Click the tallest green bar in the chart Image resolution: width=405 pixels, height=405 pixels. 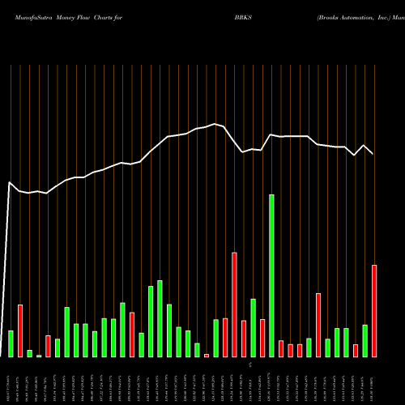(272, 275)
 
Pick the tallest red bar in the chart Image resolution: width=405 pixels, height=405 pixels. (235, 305)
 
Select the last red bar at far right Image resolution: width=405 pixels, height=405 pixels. (374, 311)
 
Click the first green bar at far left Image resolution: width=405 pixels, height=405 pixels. (11, 343)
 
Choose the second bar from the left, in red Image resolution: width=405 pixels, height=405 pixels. (20, 330)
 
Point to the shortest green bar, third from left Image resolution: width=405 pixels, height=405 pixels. (30, 353)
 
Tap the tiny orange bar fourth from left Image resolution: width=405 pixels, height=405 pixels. (39, 356)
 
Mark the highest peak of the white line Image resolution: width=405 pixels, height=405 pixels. (215, 124)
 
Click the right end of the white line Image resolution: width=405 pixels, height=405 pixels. (373, 154)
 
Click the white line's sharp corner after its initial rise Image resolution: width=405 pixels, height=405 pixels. (10, 183)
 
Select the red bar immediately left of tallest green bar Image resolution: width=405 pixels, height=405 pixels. (262, 339)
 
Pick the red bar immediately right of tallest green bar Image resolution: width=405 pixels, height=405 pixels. (281, 348)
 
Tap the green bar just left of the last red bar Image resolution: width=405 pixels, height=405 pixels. (365, 341)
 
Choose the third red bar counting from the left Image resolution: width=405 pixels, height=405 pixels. (132, 335)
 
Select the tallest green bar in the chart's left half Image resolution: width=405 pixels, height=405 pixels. (160, 318)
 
